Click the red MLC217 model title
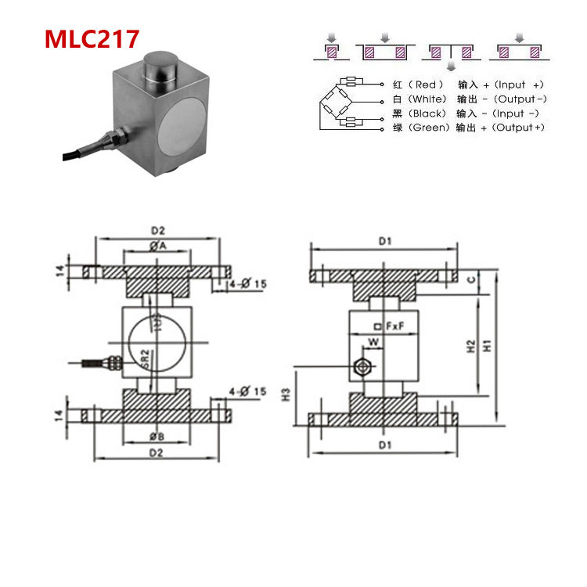pos(92,39)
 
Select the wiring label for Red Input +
pos(468,85)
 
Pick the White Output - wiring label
pos(468,99)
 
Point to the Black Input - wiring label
pos(468,113)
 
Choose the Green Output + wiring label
pos(468,128)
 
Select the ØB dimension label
pos(157,436)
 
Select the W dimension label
pos(373,342)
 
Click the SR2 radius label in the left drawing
pos(144,359)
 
